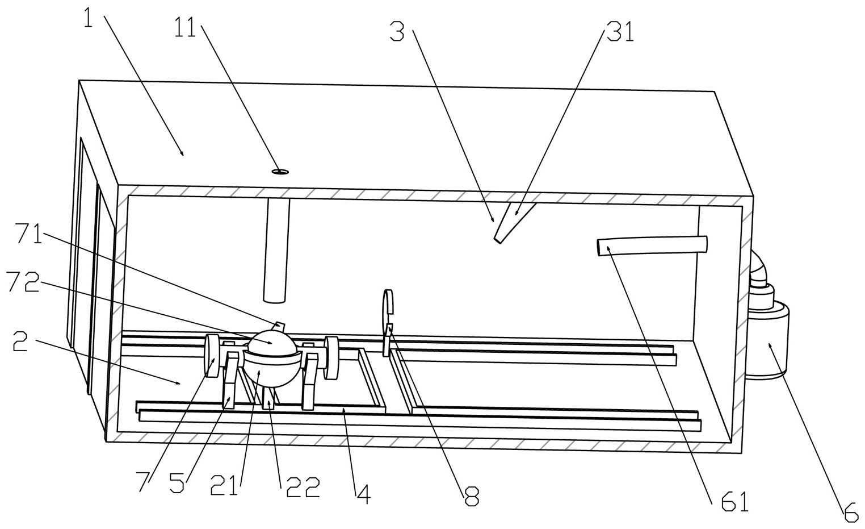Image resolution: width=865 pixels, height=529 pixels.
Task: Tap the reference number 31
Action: [620, 32]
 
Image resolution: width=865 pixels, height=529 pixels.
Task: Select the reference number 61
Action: [735, 501]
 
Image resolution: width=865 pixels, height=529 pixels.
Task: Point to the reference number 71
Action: [30, 234]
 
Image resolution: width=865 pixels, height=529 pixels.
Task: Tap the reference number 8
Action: [472, 496]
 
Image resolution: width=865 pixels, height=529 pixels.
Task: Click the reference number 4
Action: [363, 494]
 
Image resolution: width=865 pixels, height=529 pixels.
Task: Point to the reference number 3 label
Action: [397, 32]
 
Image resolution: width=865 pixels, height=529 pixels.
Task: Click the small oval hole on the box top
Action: [280, 171]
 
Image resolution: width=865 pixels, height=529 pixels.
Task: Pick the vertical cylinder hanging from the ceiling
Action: [277, 250]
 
